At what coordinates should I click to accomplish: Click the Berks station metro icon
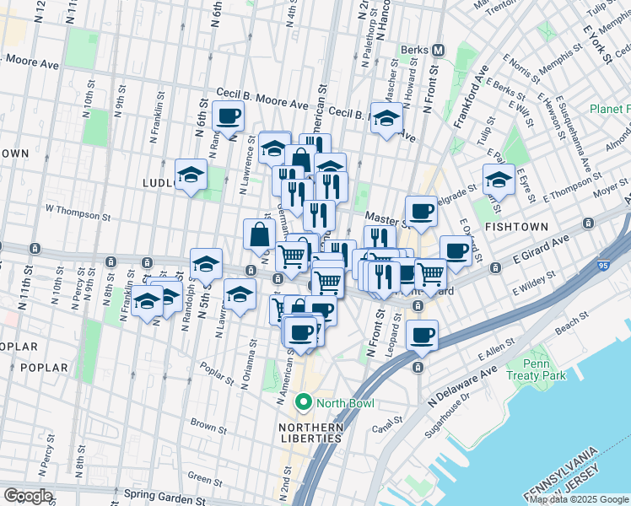click(438, 49)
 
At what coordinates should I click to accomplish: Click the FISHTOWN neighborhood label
click(517, 227)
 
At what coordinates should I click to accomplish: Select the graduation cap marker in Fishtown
click(499, 179)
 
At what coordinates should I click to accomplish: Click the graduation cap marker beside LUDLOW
click(191, 175)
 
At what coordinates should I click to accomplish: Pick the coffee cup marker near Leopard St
click(422, 335)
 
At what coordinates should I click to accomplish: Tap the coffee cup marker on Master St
click(421, 211)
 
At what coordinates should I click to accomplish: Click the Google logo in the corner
click(28, 496)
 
